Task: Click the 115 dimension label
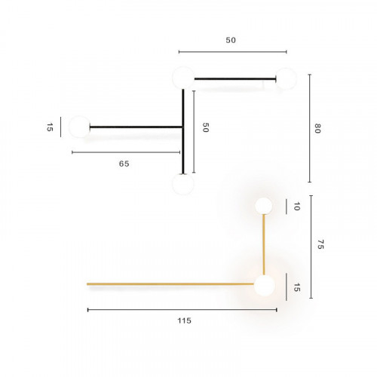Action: pos(184,320)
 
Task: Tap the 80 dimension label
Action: pos(317,128)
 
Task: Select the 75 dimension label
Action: pos(320,244)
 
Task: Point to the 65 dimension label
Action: pos(124,164)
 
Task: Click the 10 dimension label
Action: pos(296,207)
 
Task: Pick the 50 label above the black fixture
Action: pos(231,40)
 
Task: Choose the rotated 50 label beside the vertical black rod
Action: pos(205,127)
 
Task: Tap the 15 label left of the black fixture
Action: pos(50,127)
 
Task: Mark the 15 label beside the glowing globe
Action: pos(297,287)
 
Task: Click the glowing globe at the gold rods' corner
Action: pos(264,286)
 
